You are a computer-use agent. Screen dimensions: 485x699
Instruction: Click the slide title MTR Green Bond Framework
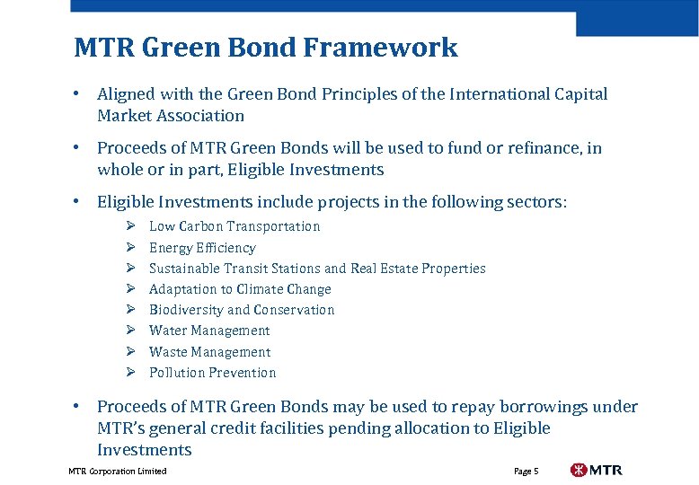265,47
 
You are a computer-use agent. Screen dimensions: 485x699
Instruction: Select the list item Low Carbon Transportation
234,226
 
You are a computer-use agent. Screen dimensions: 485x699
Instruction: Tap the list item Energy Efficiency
202,248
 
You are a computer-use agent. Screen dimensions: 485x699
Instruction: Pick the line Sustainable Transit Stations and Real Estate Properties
316,269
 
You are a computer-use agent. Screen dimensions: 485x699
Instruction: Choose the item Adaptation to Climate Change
240,289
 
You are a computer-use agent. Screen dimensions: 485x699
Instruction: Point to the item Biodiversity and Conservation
241,310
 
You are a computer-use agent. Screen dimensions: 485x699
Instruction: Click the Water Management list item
209,331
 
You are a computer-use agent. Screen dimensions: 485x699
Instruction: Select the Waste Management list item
209,352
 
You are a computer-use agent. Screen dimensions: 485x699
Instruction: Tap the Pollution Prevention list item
212,373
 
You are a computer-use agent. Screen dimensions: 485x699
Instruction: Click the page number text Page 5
526,472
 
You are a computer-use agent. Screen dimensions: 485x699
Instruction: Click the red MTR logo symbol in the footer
580,470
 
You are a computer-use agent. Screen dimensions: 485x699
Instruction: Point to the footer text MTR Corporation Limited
117,472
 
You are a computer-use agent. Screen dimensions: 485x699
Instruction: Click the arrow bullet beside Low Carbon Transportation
129,226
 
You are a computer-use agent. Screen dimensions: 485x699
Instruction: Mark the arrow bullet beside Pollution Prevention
129,373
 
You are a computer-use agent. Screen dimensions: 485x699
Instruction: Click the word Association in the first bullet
199,116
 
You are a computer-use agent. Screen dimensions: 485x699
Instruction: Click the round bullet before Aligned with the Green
79,94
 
